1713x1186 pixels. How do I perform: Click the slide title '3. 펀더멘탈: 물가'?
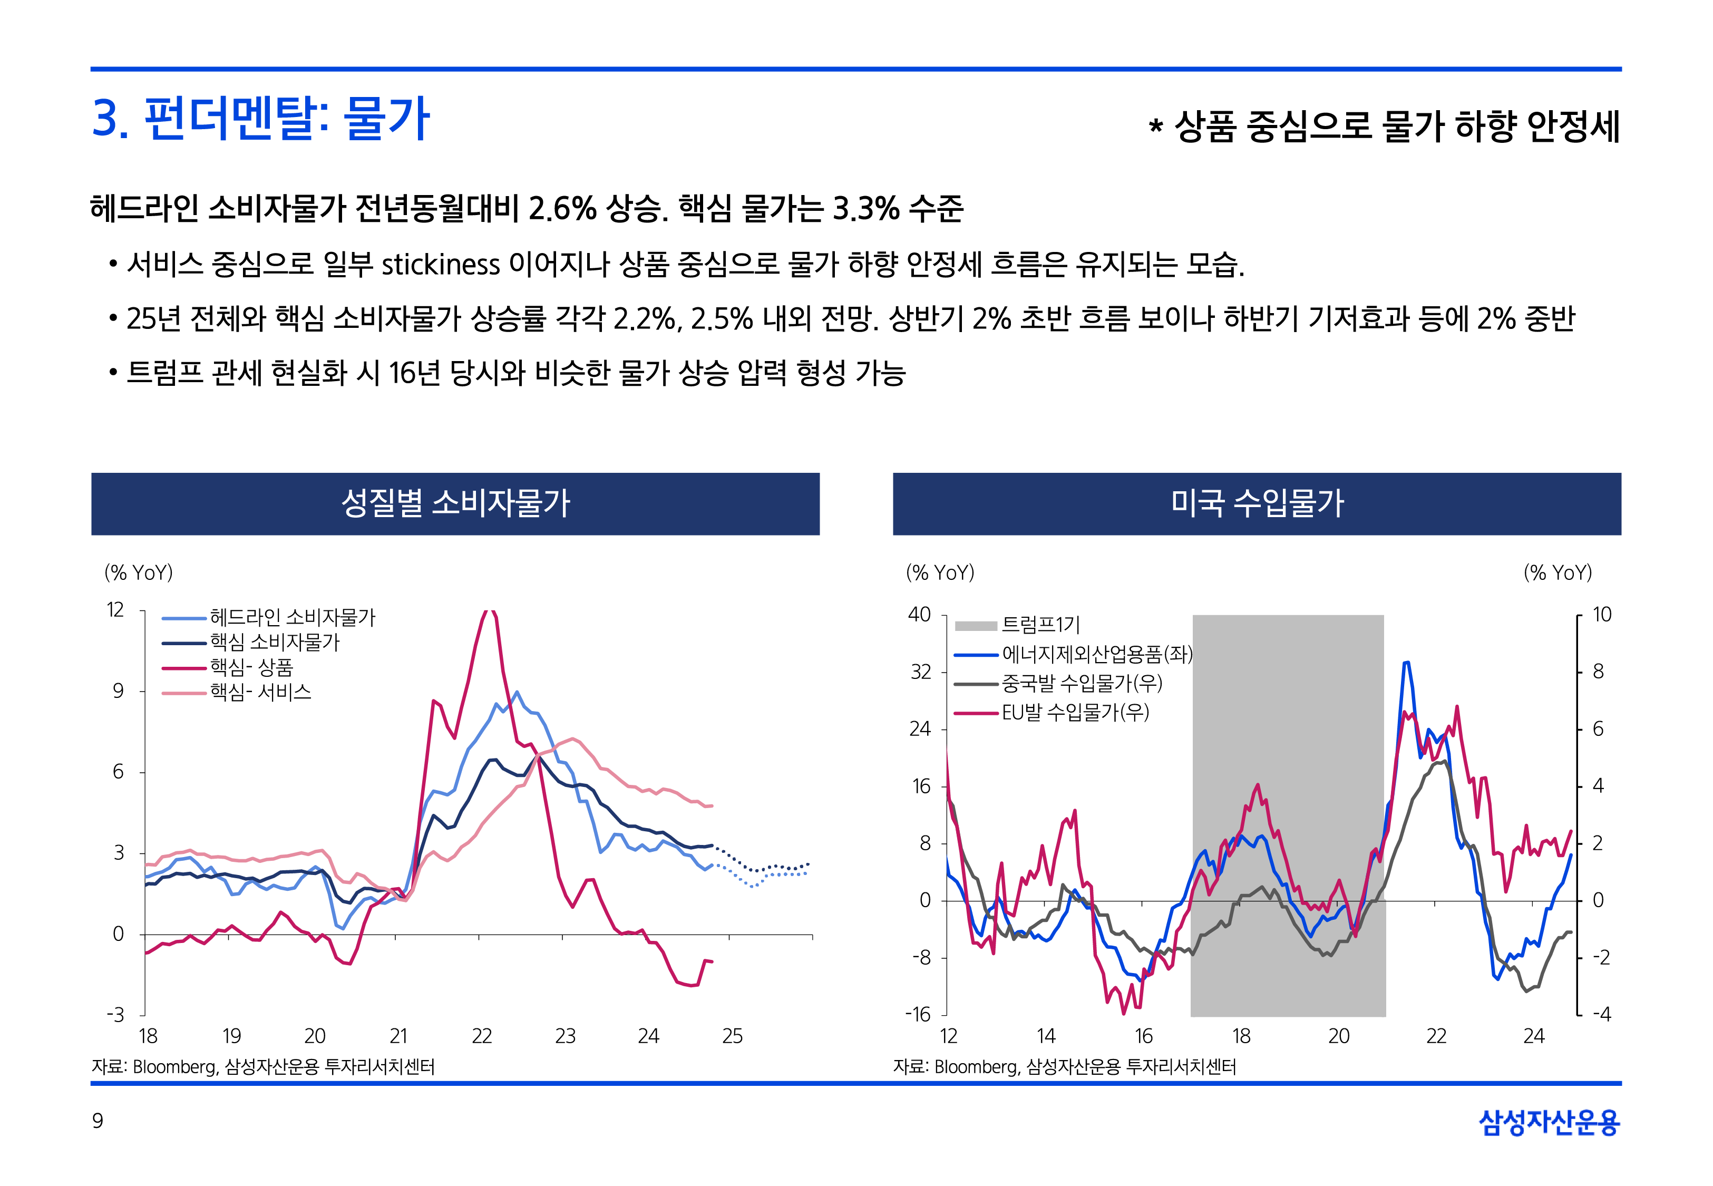pyautogui.click(x=260, y=119)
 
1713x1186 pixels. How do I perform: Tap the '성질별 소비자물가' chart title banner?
pyautogui.click(x=455, y=503)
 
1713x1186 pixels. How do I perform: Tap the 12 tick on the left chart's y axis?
pyautogui.click(x=115, y=610)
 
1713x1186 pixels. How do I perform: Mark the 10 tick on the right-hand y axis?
pyautogui.click(x=1602, y=615)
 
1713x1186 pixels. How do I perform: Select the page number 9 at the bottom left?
pyautogui.click(x=98, y=1121)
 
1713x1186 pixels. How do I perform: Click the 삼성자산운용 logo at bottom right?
pyautogui.click(x=1549, y=1122)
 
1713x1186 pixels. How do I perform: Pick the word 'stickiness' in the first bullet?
pyautogui.click(x=441, y=265)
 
